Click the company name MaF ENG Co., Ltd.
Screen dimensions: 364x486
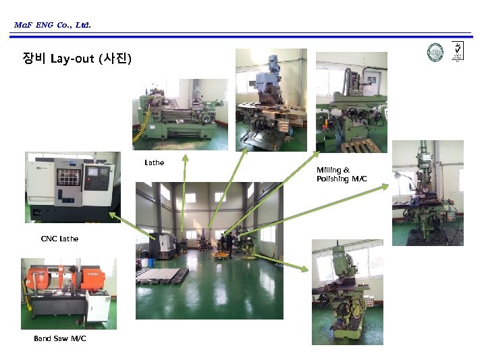[x=52, y=26]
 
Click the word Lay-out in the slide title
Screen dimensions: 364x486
[x=74, y=59]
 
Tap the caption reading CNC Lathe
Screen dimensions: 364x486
[x=59, y=239]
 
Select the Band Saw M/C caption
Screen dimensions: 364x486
[x=60, y=338]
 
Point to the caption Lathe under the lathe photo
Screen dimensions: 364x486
[x=154, y=162]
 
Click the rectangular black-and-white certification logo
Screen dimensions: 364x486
[x=457, y=51]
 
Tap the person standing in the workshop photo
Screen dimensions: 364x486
[x=230, y=243]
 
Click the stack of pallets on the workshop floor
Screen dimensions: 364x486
[x=162, y=276]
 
